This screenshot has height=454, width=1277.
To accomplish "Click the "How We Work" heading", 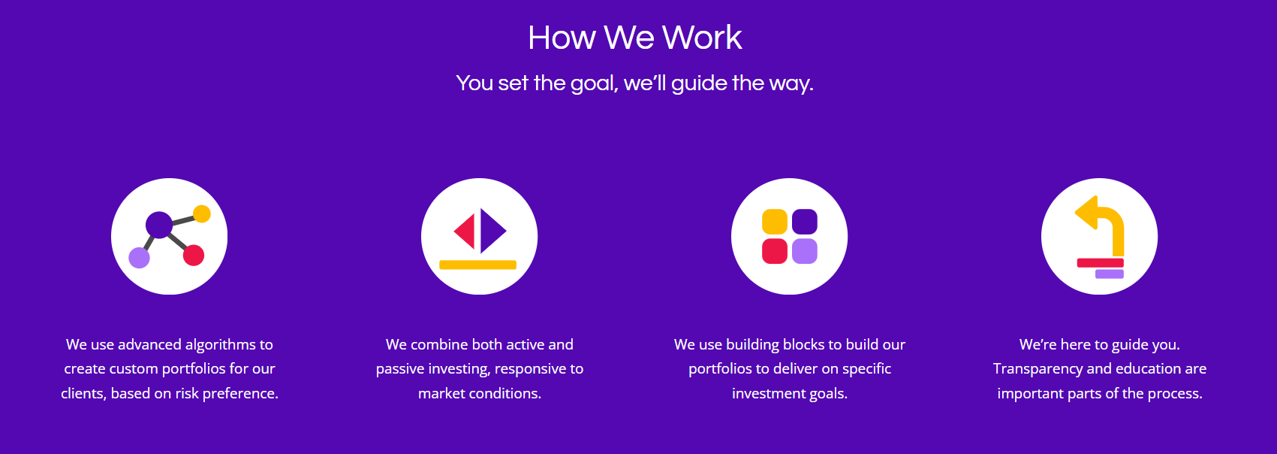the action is pyautogui.click(x=634, y=38).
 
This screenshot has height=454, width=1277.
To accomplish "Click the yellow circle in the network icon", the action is pyautogui.click(x=202, y=214).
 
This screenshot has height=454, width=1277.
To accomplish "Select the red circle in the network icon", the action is pyautogui.click(x=194, y=256).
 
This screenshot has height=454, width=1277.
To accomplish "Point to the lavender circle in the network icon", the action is pyautogui.click(x=139, y=258).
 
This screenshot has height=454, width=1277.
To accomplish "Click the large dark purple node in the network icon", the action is pyautogui.click(x=159, y=225).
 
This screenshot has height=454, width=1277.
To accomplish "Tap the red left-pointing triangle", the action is pyautogui.click(x=465, y=232).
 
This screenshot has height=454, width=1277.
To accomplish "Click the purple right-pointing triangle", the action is pyautogui.click(x=492, y=232).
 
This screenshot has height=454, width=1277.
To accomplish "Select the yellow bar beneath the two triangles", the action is pyautogui.click(x=477, y=265).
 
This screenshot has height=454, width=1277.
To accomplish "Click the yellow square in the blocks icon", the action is pyautogui.click(x=775, y=222).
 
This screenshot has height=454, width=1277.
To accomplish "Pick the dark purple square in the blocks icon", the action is pyautogui.click(x=804, y=222).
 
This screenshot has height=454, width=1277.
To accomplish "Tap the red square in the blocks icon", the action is pyautogui.click(x=775, y=251).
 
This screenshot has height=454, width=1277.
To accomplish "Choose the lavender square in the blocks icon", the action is pyautogui.click(x=804, y=251).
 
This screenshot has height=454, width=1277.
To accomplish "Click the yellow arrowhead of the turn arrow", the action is pyautogui.click(x=1087, y=213).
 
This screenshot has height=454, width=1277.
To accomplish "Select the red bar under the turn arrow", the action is pyautogui.click(x=1101, y=262).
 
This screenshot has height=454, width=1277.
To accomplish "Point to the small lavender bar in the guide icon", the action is pyautogui.click(x=1110, y=274).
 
